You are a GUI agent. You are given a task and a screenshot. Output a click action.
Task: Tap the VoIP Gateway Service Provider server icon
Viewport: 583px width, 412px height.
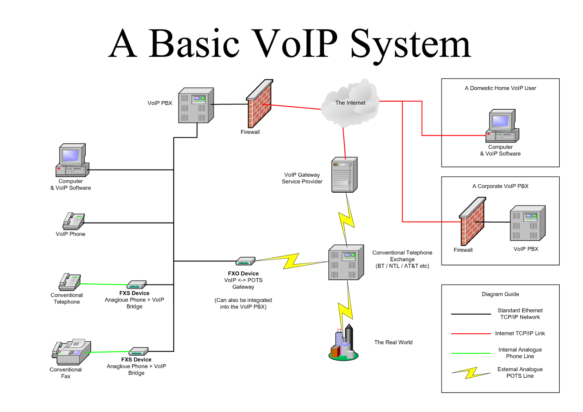[x=344, y=175]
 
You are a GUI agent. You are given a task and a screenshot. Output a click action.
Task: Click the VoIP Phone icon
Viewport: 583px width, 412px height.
[x=74, y=221]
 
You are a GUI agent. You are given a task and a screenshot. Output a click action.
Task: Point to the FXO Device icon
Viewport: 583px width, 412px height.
[x=245, y=261]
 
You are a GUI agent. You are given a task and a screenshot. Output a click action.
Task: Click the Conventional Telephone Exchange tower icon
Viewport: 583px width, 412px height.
[x=346, y=262]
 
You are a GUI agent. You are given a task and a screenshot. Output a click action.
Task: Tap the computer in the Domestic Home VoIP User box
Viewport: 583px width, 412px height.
[x=502, y=126]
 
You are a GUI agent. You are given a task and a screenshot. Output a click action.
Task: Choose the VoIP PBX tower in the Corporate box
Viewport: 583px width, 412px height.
[x=527, y=223]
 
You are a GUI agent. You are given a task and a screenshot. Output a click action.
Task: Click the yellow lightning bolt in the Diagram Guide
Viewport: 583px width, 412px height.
[x=471, y=373]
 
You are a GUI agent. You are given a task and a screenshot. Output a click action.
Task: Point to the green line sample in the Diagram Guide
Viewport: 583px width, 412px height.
[x=471, y=353]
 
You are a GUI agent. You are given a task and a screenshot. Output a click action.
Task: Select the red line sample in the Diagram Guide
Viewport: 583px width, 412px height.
[x=471, y=333]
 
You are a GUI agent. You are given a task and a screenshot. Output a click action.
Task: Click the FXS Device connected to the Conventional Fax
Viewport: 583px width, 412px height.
[x=138, y=352]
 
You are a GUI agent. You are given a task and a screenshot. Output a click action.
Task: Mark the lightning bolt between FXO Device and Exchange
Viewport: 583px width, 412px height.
[x=291, y=261]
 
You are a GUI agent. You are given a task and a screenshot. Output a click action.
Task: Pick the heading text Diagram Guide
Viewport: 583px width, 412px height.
[x=500, y=294]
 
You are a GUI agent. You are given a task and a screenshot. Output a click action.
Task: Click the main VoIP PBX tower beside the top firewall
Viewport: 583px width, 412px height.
[x=196, y=105]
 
